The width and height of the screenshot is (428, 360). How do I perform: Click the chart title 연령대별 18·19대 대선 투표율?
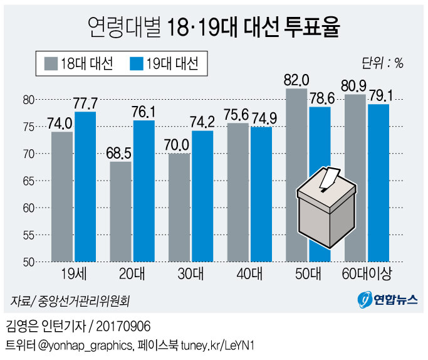coord(213,27)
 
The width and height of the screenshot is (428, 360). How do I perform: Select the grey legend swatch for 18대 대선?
coord(51,64)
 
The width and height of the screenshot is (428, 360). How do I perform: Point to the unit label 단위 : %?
coord(382,63)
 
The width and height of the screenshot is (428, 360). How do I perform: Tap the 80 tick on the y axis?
coord(28,99)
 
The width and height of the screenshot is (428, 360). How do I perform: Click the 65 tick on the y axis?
coord(28,181)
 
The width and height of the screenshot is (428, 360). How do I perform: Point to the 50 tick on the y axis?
coord(28,262)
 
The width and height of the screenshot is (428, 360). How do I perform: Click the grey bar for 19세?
coord(62,196)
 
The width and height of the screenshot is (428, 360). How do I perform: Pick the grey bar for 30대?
coord(179,207)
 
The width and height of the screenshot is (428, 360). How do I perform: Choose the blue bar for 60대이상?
coord(378,183)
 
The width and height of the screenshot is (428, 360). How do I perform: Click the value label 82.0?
coord(296,80)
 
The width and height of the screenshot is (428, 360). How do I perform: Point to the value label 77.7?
coord(85,102)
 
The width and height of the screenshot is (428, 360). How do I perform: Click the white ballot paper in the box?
coord(327,179)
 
